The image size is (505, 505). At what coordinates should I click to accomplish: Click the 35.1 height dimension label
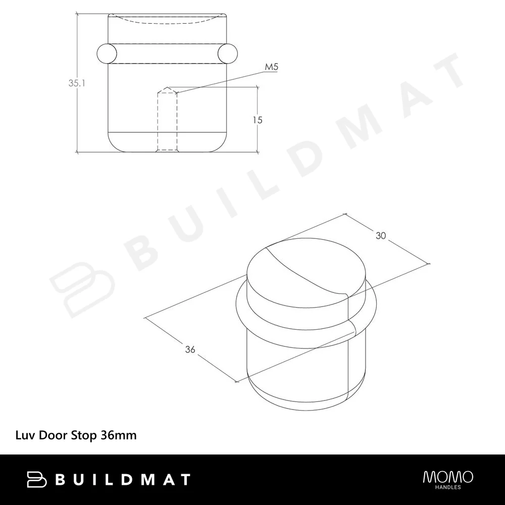(x=77, y=83)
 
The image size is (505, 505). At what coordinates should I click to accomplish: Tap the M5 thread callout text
(x=271, y=67)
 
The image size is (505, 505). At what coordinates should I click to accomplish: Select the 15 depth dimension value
(x=258, y=120)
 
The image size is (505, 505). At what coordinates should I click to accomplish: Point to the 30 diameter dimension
(x=381, y=236)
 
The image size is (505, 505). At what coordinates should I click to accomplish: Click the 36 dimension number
(x=190, y=349)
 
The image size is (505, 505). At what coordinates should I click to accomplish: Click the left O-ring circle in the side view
(x=107, y=53)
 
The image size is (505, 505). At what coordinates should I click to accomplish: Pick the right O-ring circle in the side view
(x=228, y=53)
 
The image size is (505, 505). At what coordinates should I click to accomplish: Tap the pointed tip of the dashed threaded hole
(x=167, y=87)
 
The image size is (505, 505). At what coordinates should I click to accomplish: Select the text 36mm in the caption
(x=119, y=435)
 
